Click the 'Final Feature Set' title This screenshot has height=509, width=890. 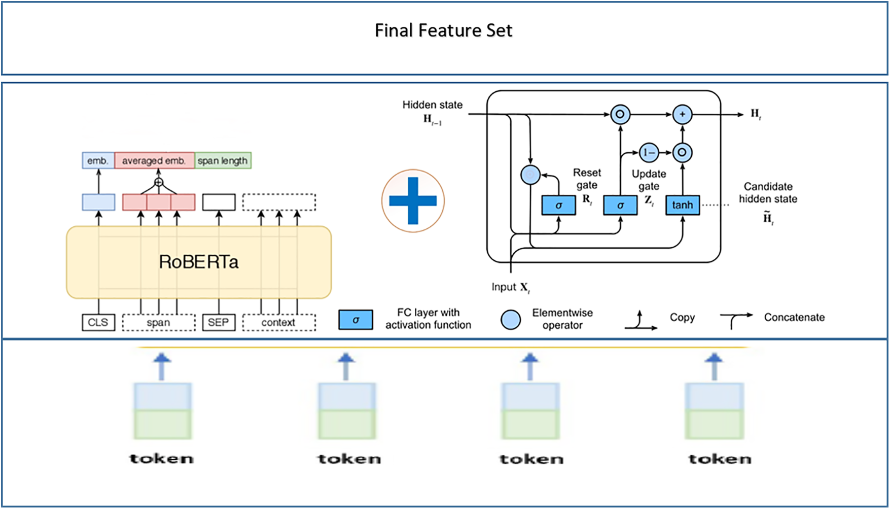tap(443, 30)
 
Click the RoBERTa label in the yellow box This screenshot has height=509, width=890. tap(198, 262)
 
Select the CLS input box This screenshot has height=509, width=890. tap(98, 322)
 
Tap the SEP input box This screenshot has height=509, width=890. tap(219, 322)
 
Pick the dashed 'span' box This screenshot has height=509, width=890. tap(158, 322)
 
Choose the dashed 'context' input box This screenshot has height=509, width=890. tap(278, 322)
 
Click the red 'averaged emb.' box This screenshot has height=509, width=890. tap(154, 160)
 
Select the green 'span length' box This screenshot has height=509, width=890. tap(223, 160)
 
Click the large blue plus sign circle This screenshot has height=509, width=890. tap(413, 201)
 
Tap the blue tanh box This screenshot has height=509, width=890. tap(682, 205)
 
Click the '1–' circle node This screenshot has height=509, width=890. tap(649, 152)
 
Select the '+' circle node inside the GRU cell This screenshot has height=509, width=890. tap(682, 114)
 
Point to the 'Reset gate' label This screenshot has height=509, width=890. tap(587, 179)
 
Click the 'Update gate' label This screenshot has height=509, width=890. tap(649, 180)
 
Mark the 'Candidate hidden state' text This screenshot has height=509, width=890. tap(768, 193)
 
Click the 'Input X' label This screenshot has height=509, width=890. tap(510, 287)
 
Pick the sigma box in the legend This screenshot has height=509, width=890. tap(355, 320)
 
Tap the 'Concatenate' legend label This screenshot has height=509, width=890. tap(794, 317)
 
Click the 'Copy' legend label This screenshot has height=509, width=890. tap(682, 317)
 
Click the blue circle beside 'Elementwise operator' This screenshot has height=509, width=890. tap(510, 320)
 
